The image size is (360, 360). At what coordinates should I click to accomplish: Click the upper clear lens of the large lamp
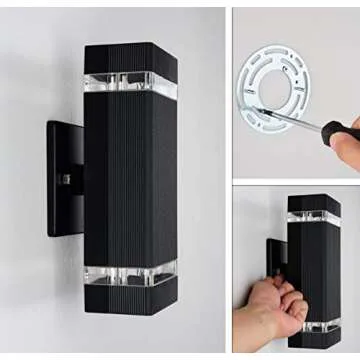point(130,83)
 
